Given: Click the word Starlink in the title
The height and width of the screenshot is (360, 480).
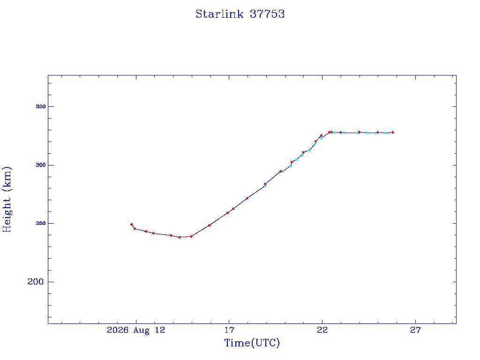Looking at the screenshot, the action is tap(219, 14).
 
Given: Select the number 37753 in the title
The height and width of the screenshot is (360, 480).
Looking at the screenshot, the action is tap(267, 14).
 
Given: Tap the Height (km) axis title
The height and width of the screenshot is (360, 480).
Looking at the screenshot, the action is tap(7, 200).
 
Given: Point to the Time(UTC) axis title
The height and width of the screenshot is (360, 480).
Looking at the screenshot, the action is tap(252, 343).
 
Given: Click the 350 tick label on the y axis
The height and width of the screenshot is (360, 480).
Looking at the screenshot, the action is tap(41, 106).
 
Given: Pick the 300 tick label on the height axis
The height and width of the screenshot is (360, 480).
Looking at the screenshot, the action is tap(41, 165).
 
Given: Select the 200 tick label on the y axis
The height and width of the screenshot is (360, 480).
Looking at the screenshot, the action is tap(36, 282).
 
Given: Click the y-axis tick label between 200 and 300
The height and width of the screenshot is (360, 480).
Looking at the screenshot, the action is tap(41, 224).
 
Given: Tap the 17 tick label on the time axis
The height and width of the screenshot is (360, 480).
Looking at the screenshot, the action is tap(229, 330).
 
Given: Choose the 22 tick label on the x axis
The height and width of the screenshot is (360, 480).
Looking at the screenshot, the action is tap(322, 330).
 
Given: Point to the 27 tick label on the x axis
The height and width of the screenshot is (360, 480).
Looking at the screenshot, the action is tap(415, 330).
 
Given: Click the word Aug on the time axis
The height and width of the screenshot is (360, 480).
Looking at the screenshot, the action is tap(141, 330).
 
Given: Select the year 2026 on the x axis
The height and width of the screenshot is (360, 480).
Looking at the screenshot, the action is tap(118, 330).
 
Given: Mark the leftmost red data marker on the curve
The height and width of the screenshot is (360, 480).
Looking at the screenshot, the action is tap(131, 225).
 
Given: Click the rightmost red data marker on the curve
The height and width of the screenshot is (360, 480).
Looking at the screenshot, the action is tap(393, 133).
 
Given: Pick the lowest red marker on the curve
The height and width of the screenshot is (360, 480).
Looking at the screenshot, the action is tap(180, 237).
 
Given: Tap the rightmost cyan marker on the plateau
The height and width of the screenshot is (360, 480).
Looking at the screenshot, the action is tap(386, 133).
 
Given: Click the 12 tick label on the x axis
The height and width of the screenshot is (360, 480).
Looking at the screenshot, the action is tap(159, 330).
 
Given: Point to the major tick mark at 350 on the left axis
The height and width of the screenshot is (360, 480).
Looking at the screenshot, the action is tap(50, 106).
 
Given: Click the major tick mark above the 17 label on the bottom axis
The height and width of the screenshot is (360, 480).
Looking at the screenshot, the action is tap(229, 322).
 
